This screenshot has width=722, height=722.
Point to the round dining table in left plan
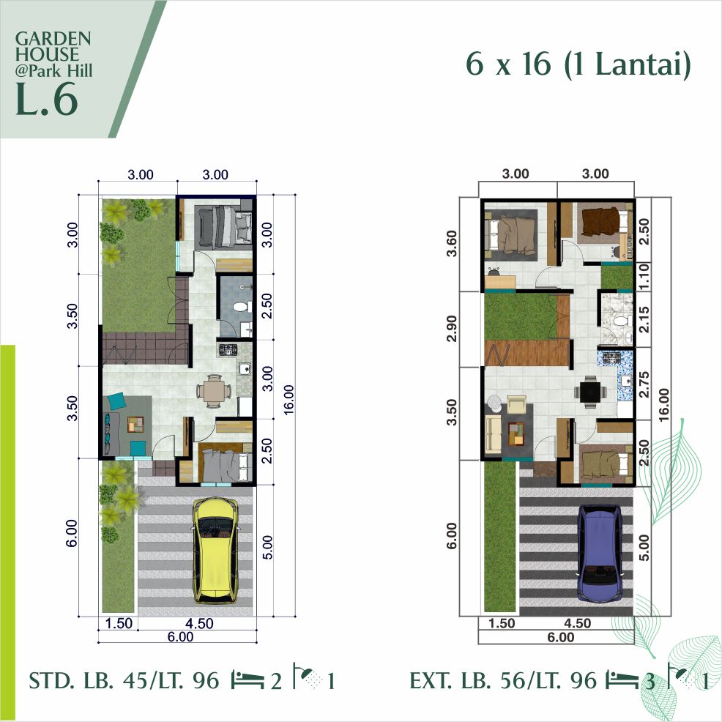click(212, 390)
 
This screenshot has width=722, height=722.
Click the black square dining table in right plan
click(589, 391)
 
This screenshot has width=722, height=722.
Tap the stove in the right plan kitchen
click(609, 359)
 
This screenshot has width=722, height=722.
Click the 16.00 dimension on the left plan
click(289, 399)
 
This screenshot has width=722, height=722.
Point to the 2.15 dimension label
click(644, 319)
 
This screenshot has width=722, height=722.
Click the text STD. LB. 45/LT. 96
click(124, 681)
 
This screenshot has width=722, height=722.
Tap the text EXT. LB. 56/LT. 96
click(505, 681)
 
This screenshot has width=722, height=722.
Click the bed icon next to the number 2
click(248, 681)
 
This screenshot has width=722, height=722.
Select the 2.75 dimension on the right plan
click(644, 384)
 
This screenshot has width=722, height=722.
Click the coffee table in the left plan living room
click(135, 423)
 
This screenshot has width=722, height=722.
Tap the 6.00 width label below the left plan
click(179, 637)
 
